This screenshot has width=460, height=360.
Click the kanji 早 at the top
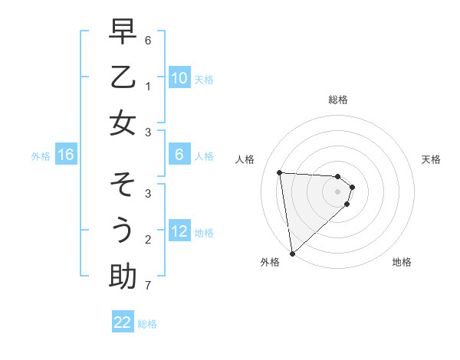coord(123,33)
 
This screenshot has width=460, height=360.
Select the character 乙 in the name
coord(123,78)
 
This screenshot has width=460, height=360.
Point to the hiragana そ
coord(123,185)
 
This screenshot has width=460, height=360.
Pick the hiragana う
coord(123,231)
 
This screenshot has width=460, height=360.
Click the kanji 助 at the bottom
coord(123,276)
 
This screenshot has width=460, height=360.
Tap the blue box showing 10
coord(179,78)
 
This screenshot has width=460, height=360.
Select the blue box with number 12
coord(179,231)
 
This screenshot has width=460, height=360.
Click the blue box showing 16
coord(66,155)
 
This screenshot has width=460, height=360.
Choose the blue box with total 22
coord(123,322)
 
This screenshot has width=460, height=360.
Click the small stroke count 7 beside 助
coord(148,286)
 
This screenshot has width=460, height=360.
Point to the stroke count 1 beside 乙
coord(148,86)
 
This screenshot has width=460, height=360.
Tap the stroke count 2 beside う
coord(148,239)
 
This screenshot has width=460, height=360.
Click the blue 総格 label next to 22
coord(147,323)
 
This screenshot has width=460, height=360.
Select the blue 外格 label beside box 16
coord(41,156)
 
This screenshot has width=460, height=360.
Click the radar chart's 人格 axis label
coord(245,159)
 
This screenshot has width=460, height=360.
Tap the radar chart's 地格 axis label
coord(402,262)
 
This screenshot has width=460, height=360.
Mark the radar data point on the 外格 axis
coord(292,253)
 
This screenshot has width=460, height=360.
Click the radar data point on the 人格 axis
coord(279,172)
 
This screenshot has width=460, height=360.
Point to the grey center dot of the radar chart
coord(337,201)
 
